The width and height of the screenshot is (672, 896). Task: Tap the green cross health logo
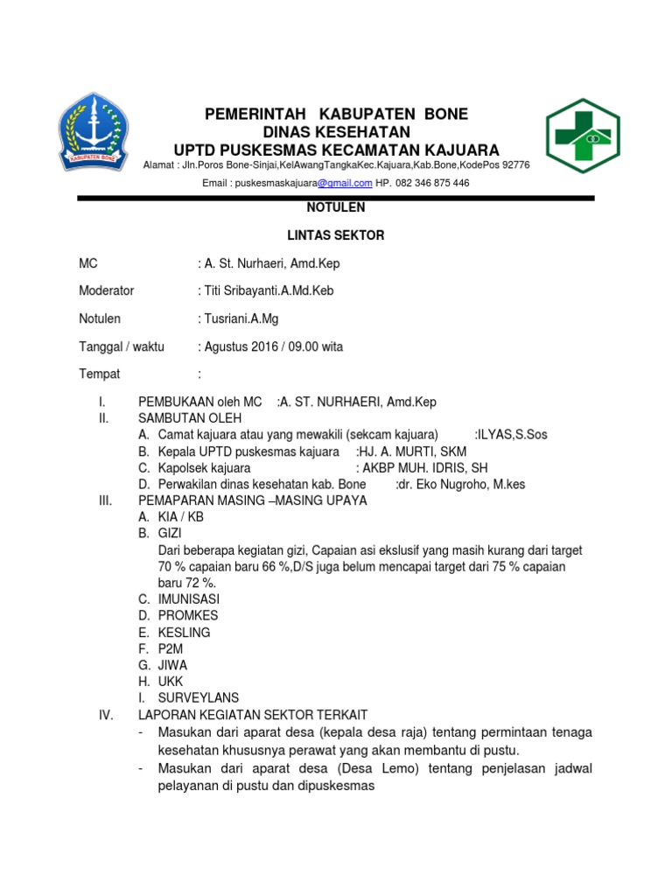[583, 136]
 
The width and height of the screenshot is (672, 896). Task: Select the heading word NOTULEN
[336, 208]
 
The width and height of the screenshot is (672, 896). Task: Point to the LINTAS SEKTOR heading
[336, 235]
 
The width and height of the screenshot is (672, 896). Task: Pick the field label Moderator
[107, 290]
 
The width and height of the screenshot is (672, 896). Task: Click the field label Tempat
[100, 374]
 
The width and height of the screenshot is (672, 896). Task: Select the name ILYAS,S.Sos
[511, 435]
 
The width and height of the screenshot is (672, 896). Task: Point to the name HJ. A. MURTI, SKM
[411, 451]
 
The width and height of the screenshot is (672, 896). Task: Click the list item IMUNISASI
[189, 599]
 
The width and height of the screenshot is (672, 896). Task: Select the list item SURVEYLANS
[198, 698]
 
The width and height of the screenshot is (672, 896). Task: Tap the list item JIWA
[172, 665]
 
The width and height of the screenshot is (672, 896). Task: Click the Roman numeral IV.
[106, 715]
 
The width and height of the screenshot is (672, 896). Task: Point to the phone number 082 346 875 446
[432, 183]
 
